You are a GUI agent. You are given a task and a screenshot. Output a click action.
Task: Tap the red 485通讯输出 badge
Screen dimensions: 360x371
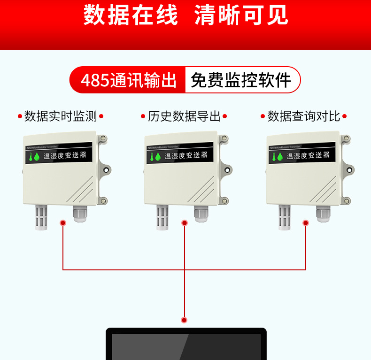[128, 80]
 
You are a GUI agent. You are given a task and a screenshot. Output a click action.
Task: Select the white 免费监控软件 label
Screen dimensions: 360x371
[241, 80]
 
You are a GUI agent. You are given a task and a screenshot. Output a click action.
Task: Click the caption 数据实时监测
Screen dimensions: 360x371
[60, 116]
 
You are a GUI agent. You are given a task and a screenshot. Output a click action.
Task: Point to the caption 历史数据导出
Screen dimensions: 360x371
[184, 116]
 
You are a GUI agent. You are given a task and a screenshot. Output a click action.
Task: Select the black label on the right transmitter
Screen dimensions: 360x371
[301, 154]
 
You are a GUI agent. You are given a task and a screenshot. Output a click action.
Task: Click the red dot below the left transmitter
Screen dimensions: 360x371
[63, 223]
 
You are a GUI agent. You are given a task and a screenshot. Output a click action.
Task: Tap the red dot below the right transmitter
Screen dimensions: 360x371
[306, 223]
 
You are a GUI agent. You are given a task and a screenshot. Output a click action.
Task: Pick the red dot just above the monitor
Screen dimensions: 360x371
[184, 320]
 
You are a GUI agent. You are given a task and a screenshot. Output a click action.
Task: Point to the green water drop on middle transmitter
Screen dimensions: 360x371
[158, 157]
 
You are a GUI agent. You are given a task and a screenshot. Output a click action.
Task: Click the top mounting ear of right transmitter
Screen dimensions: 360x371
[347, 138]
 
